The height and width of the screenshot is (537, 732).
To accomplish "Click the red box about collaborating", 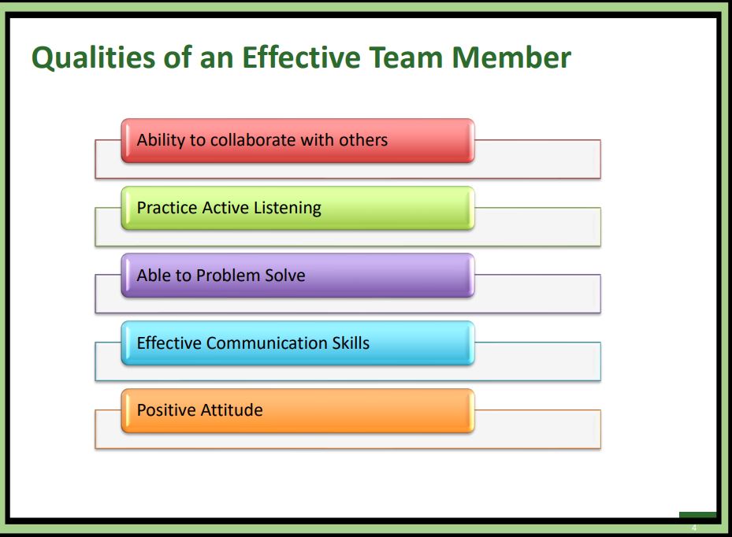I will [x=298, y=141].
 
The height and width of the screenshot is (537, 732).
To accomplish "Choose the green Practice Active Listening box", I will [x=298, y=208].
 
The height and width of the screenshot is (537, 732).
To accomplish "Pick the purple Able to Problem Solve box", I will [x=298, y=276].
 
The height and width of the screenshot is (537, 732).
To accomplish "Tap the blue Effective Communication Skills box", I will [x=298, y=343].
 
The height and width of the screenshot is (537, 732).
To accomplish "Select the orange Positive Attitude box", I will [x=298, y=410].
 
